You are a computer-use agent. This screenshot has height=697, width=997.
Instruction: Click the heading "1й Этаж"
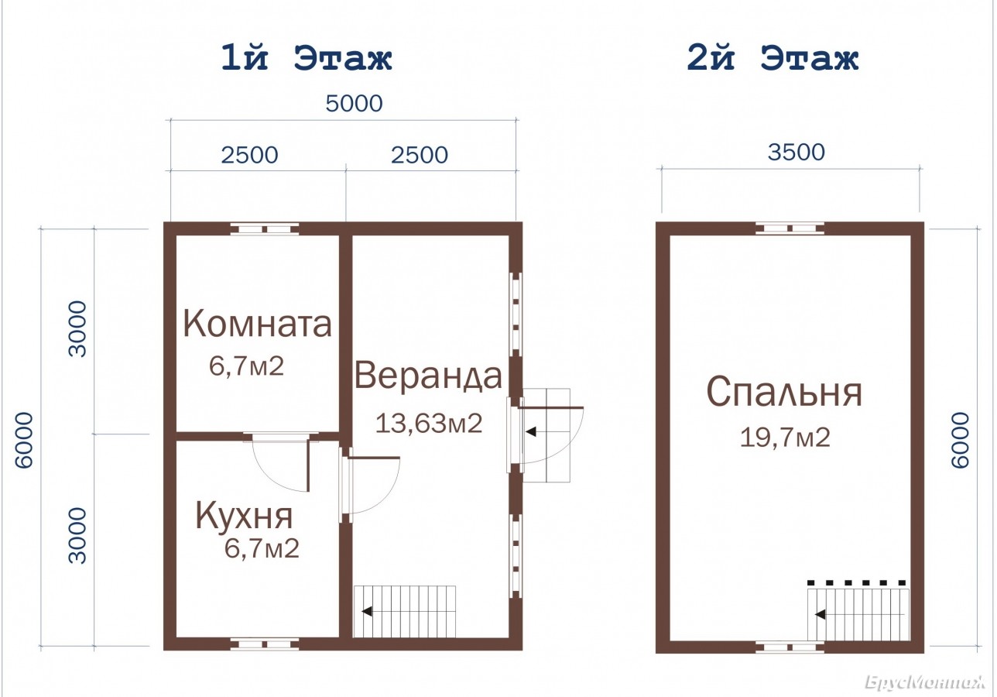pos(307,57)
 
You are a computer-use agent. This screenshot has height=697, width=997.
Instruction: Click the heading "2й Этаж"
pos(773,57)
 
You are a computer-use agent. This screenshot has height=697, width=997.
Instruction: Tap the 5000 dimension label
pos(355,103)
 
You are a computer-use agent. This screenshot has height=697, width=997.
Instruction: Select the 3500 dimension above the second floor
pos(797,152)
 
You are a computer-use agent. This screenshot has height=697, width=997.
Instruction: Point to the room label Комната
pos(258,324)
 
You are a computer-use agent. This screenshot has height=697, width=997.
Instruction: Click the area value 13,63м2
pos(429,423)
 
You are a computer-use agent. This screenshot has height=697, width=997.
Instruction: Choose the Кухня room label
pos(244,517)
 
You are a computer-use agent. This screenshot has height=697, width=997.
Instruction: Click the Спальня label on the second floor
pos(784,393)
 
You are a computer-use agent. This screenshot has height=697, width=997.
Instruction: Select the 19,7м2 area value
pos(785,438)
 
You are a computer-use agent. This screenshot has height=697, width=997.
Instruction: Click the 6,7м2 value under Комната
pos(246,366)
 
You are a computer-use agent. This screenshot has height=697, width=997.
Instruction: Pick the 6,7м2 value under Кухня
pos(262,548)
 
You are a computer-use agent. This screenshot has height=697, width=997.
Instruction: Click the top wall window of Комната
pos(265,229)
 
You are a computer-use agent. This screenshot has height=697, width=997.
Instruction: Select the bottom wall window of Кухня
pos(265,644)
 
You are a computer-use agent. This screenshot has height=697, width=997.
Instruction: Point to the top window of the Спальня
pos(790,228)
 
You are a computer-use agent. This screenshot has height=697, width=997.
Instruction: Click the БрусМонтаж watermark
pos(925,682)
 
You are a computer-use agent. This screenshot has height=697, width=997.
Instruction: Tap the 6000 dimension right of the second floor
pos(960,440)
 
